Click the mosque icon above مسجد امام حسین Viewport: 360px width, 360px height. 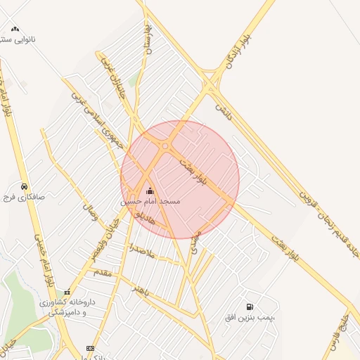click(149, 191)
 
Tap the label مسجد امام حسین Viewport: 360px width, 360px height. click(150, 201)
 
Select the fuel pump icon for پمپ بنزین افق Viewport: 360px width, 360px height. click(250, 307)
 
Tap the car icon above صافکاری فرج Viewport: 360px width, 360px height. click(25, 187)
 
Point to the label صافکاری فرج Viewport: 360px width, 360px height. click(25, 198)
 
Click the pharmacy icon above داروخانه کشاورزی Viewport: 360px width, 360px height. click(67, 292)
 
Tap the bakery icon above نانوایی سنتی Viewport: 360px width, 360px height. click(15, 29)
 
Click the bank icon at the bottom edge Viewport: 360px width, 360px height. click(90, 348)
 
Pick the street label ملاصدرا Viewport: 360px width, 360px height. click(141, 251)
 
